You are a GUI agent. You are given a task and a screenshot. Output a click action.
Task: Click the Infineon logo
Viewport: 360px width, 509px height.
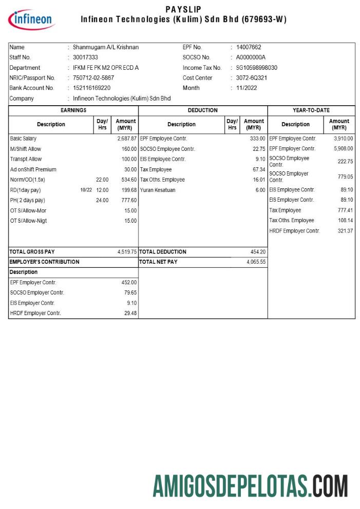(32, 19)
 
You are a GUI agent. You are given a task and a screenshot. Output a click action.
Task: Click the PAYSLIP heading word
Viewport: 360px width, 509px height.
(183, 9)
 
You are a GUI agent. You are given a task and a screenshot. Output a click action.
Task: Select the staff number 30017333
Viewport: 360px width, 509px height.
(85, 57)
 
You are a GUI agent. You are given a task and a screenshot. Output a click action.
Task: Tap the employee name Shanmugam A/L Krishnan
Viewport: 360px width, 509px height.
(106, 47)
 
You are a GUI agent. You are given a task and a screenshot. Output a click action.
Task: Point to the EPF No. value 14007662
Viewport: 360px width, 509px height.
(249, 47)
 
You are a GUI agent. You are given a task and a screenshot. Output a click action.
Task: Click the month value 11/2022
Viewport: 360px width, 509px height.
(247, 88)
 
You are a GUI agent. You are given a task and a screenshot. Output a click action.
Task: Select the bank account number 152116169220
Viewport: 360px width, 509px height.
(91, 88)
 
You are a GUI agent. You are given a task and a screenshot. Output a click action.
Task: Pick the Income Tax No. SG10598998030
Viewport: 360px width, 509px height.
(257, 68)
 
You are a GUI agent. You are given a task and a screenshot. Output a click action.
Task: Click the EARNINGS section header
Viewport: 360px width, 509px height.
(73, 110)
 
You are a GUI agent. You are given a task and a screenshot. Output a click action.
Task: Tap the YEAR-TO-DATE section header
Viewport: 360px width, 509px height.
(311, 110)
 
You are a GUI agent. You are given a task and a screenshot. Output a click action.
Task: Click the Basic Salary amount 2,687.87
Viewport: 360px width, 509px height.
(127, 139)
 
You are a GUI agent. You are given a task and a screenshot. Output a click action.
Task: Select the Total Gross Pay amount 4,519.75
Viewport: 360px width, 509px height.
(127, 252)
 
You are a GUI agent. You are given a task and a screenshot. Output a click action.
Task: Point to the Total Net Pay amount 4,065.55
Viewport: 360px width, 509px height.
(256, 262)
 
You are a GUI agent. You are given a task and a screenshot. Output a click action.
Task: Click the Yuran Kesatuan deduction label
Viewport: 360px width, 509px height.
(158, 190)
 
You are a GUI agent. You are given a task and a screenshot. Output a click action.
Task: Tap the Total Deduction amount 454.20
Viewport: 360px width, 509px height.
(258, 252)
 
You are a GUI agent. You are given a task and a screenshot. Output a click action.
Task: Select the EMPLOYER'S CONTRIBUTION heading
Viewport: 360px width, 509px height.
(45, 262)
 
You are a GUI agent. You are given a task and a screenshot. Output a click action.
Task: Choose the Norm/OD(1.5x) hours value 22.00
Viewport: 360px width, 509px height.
(102, 180)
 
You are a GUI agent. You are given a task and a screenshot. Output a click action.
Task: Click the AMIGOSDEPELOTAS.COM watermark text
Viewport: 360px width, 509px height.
(251, 486)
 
